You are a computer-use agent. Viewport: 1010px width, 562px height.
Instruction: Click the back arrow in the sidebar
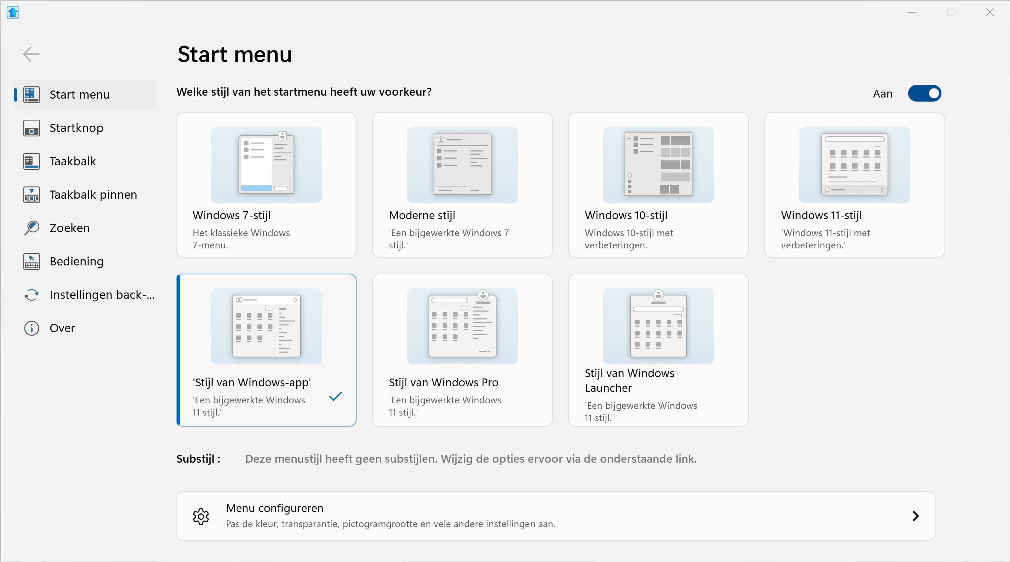tap(31, 54)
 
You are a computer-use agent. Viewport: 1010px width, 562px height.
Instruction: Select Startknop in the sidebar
tap(76, 128)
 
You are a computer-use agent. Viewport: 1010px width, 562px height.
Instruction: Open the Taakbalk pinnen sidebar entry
tap(93, 195)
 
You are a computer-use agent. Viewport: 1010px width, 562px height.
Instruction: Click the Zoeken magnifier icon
tap(31, 228)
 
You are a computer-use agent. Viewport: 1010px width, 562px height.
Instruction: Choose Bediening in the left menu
tap(76, 261)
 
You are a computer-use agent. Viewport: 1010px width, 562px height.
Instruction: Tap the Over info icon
tap(31, 328)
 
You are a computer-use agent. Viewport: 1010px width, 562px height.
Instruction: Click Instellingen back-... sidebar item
tap(101, 295)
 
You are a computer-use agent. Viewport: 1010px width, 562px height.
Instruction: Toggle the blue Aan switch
tap(924, 93)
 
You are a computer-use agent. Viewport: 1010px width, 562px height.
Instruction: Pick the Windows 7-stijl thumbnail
tap(266, 165)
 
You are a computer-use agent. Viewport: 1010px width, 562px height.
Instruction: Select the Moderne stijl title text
tap(422, 215)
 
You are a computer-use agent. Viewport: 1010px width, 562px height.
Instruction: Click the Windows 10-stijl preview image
tap(658, 165)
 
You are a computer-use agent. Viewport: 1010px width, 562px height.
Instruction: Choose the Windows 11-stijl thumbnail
tap(854, 165)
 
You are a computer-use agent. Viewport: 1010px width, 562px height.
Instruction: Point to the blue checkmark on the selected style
tap(335, 396)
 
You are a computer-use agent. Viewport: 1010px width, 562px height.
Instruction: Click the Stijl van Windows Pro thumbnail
tap(462, 326)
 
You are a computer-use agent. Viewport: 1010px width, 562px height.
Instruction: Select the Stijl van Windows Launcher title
tap(629, 380)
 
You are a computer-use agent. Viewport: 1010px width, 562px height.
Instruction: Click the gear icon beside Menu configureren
tap(201, 516)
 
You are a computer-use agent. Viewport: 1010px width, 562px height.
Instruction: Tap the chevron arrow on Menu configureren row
tap(916, 516)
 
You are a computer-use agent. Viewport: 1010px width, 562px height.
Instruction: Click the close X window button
tap(990, 13)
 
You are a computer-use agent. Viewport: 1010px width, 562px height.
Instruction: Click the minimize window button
tap(911, 13)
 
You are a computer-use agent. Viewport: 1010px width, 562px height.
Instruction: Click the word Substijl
tap(195, 459)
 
